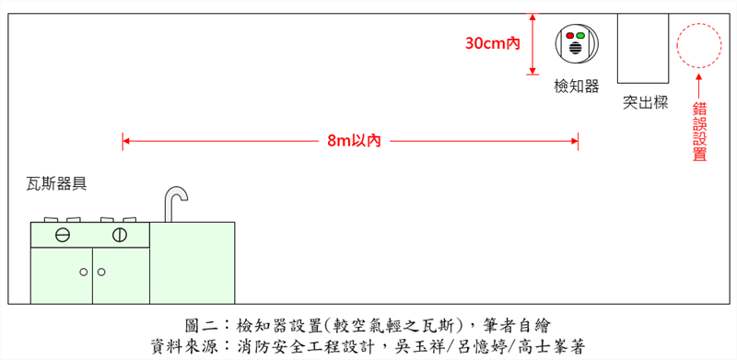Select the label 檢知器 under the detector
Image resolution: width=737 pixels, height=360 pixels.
(577, 86)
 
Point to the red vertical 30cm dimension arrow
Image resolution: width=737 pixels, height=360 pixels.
(532, 43)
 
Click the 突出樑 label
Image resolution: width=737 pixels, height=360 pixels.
(645, 102)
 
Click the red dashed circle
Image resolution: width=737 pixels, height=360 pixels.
(699, 45)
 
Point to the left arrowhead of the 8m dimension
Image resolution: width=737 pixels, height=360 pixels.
(126, 141)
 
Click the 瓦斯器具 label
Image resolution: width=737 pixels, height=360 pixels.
(56, 183)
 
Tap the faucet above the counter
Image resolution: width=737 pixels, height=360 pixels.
(174, 203)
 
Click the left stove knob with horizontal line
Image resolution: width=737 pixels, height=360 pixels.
(63, 234)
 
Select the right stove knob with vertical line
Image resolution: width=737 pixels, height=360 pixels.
(119, 234)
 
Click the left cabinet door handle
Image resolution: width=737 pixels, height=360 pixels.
(84, 272)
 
